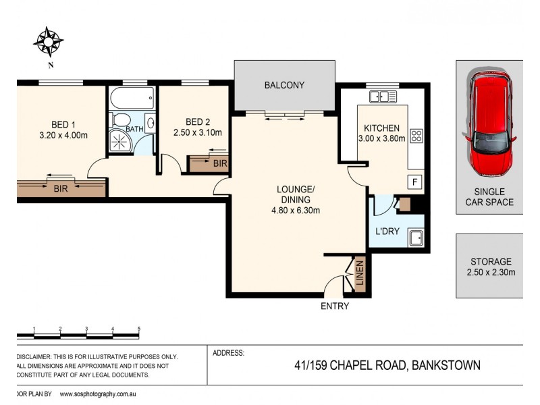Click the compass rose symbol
click(49, 41)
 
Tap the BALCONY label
click(284, 85)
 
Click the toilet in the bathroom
click(122, 121)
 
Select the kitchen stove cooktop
click(416, 136)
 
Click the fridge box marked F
click(414, 182)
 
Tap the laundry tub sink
click(416, 237)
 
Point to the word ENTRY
click(335, 306)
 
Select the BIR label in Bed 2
click(219, 163)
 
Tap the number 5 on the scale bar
click(138, 328)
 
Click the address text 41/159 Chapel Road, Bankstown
click(387, 366)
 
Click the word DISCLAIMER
click(32, 356)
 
